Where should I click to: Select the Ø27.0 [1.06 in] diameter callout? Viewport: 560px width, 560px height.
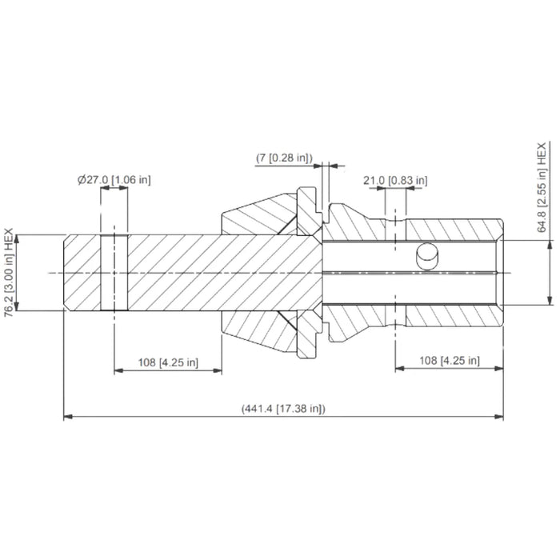click(114, 180)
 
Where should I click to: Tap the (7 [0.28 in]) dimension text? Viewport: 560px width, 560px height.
click(283, 158)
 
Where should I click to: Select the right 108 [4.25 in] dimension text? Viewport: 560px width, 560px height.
click(449, 361)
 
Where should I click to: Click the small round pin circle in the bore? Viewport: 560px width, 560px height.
click(428, 258)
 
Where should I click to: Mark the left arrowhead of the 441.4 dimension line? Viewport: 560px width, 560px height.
click(68, 417)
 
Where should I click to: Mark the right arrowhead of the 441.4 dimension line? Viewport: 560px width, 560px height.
click(499, 417)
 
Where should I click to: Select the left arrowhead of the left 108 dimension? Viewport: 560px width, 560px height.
click(118, 370)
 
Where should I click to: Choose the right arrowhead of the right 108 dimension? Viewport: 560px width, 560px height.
click(499, 370)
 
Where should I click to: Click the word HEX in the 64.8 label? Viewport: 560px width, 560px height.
click(542, 154)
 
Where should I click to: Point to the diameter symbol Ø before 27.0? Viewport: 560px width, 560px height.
click(82, 180)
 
